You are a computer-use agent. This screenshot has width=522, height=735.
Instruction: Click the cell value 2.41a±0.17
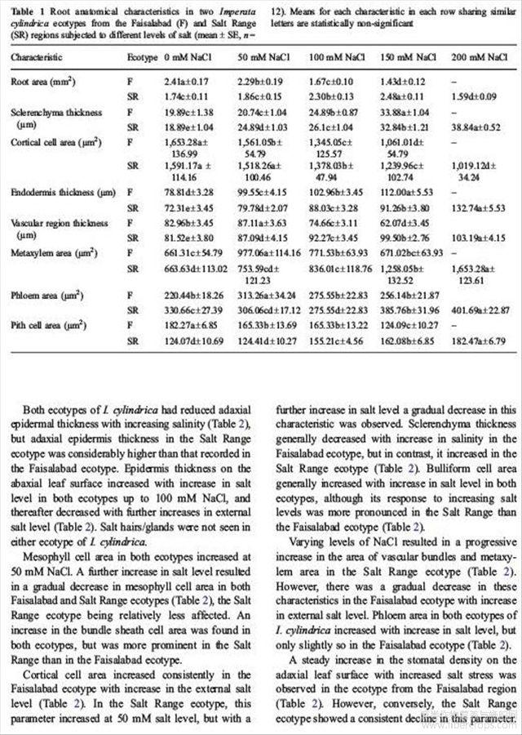pyautogui.click(x=187, y=82)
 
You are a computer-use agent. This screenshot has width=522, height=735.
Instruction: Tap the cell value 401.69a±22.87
pyautogui.click(x=485, y=310)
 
